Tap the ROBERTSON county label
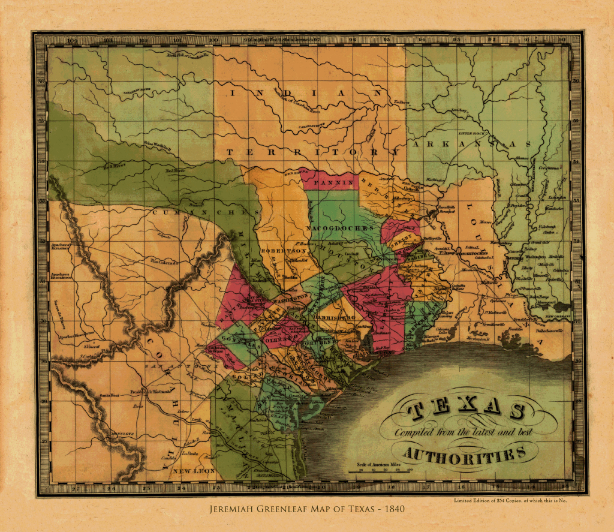pyautogui.click(x=279, y=251)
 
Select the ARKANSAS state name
pyautogui.click(x=471, y=145)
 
